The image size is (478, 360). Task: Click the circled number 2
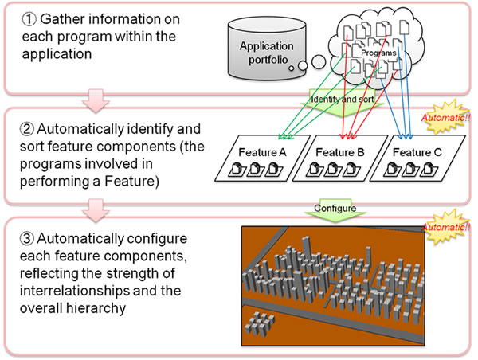tap(27, 128)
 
